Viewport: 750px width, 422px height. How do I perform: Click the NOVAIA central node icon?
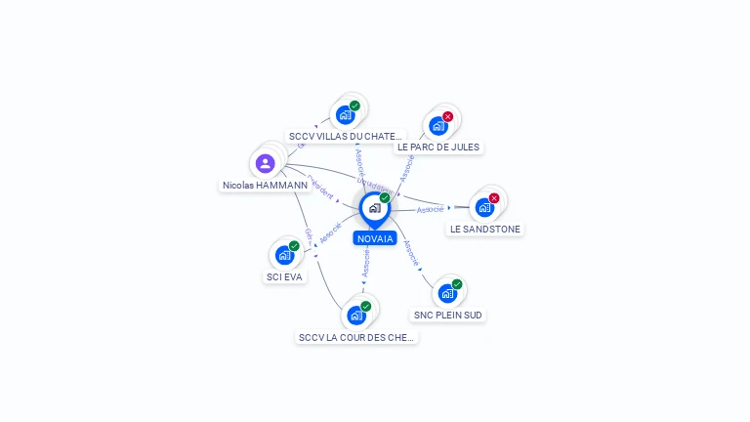(x=374, y=208)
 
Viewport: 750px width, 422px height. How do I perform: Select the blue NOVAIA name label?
(x=375, y=238)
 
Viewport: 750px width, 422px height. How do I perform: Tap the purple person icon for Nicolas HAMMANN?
(x=265, y=163)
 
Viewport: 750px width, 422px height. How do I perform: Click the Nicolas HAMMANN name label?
(x=265, y=185)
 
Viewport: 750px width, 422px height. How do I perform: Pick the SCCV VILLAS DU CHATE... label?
(x=345, y=136)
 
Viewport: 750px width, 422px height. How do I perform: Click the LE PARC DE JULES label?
(x=438, y=147)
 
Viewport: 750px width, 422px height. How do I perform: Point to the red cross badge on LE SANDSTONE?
(x=494, y=198)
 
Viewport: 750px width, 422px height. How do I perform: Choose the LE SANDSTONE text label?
(x=485, y=229)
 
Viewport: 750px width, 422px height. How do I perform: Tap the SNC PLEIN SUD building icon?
(x=446, y=293)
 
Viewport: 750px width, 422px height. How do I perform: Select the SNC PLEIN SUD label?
(x=447, y=315)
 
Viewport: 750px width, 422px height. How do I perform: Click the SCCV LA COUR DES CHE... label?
(x=356, y=337)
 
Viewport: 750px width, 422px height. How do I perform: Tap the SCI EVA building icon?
(x=284, y=255)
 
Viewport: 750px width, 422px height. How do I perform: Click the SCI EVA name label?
(x=285, y=276)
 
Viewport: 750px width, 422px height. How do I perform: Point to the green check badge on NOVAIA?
(x=385, y=198)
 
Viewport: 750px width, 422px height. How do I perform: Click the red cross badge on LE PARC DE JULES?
(x=448, y=117)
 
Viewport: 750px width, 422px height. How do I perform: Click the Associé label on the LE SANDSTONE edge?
(x=431, y=209)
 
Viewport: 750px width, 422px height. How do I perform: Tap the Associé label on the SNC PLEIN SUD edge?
(x=411, y=253)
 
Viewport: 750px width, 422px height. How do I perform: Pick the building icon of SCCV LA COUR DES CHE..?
(x=355, y=315)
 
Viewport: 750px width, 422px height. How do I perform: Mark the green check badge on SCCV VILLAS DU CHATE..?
(x=354, y=105)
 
